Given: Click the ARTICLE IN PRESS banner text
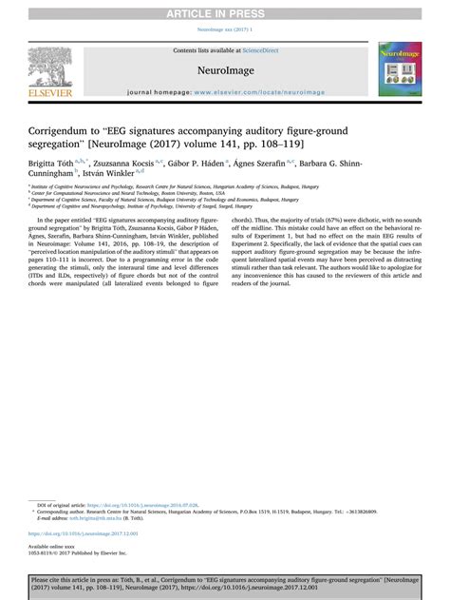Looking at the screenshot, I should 225,11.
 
